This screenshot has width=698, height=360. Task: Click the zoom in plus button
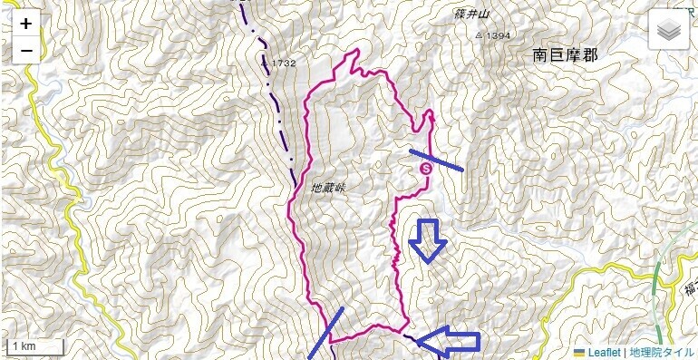pyautogui.click(x=26, y=24)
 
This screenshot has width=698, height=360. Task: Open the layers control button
pyautogui.click(x=669, y=31)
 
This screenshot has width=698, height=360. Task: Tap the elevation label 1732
pyautogui.click(x=284, y=63)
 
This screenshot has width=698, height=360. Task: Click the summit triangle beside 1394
pyautogui.click(x=480, y=35)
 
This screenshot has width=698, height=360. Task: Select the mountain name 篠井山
pyautogui.click(x=470, y=15)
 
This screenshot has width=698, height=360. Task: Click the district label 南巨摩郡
pyautogui.click(x=566, y=55)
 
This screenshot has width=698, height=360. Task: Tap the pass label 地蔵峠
pyautogui.click(x=329, y=188)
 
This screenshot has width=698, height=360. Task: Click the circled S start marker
pyautogui.click(x=426, y=168)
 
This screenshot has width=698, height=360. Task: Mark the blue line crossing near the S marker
pyautogui.click(x=437, y=160)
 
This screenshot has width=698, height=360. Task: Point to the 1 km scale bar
pyautogui.click(x=34, y=346)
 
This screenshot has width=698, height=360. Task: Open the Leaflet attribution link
pyautogui.click(x=604, y=352)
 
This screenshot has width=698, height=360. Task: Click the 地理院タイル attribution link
pyautogui.click(x=662, y=352)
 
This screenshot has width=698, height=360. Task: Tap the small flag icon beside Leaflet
pyautogui.click(x=580, y=352)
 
